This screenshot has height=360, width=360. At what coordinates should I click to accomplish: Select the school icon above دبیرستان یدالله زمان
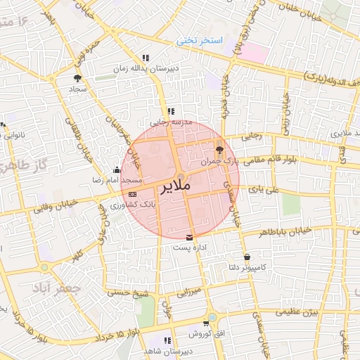(146, 58)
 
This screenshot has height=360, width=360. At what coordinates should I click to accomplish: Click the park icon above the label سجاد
(77, 79)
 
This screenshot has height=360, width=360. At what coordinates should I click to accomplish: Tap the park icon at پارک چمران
(219, 148)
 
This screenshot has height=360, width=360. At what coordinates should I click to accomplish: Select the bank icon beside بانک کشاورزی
(133, 193)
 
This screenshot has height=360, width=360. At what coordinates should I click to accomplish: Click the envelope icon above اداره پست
(188, 237)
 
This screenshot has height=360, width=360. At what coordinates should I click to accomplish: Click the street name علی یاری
(268, 189)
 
